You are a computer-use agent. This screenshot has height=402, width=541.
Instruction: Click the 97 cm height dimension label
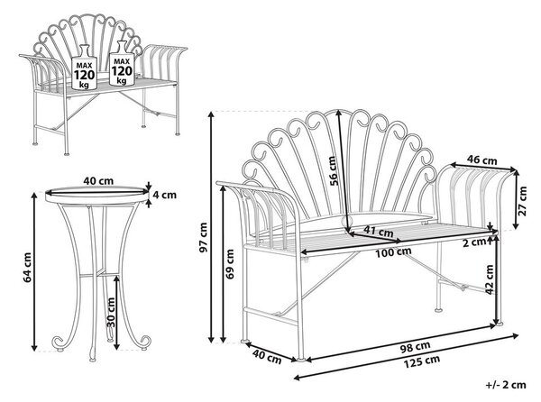pos(204,237)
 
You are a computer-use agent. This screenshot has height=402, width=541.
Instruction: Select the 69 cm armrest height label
pos(230,264)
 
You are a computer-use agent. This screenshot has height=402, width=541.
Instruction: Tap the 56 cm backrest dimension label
pos(334,171)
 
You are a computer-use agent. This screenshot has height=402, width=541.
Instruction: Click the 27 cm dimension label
pos(522,201)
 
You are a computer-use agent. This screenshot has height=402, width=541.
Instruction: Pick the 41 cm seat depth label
pos(378,231)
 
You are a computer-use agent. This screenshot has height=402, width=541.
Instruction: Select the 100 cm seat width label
pos(393,252)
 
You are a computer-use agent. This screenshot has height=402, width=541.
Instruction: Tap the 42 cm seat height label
pos(489,279)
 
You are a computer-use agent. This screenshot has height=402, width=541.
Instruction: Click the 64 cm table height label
pos(27,268)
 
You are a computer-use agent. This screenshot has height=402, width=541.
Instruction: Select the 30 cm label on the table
pos(110,312)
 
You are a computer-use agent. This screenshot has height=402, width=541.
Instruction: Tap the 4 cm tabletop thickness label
pos(165,195)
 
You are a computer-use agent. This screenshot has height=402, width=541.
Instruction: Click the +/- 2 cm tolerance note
pos(506,384)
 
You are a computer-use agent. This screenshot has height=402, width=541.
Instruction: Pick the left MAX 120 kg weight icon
pos(84,68)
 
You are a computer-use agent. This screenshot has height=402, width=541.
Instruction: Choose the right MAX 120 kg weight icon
pos(122,63)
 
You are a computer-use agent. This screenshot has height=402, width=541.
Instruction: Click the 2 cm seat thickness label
pos(474,242)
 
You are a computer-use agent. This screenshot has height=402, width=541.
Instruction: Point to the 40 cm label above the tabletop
pos(98,180)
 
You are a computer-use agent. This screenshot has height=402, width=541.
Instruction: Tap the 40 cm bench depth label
pos(267,356)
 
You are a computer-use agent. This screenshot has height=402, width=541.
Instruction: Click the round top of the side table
pos(97,196)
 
